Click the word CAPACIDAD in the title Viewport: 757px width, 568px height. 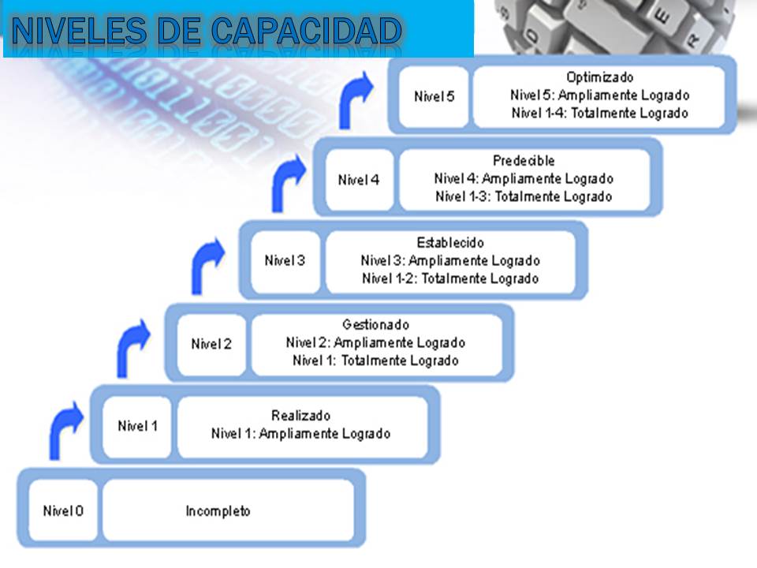[306, 31]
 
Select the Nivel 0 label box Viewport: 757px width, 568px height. [63, 510]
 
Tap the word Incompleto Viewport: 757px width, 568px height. [218, 511]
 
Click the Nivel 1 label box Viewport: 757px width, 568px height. [137, 427]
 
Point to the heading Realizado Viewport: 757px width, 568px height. [300, 416]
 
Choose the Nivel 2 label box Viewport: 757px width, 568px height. [211, 344]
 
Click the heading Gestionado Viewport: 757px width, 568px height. [375, 324]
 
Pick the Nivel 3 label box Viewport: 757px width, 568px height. [285, 261]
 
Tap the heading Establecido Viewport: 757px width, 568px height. [450, 242]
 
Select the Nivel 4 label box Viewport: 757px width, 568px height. [360, 180]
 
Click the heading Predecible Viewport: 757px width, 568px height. [524, 160]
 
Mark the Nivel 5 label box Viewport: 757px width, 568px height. [434, 96]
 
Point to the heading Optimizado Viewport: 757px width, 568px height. [599, 77]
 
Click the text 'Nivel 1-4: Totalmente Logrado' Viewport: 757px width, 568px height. [599, 113]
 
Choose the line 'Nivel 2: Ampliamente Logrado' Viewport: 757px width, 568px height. [375, 343]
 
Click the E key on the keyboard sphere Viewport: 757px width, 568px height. [662, 18]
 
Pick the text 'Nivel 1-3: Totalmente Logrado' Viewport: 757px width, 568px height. [524, 196]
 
